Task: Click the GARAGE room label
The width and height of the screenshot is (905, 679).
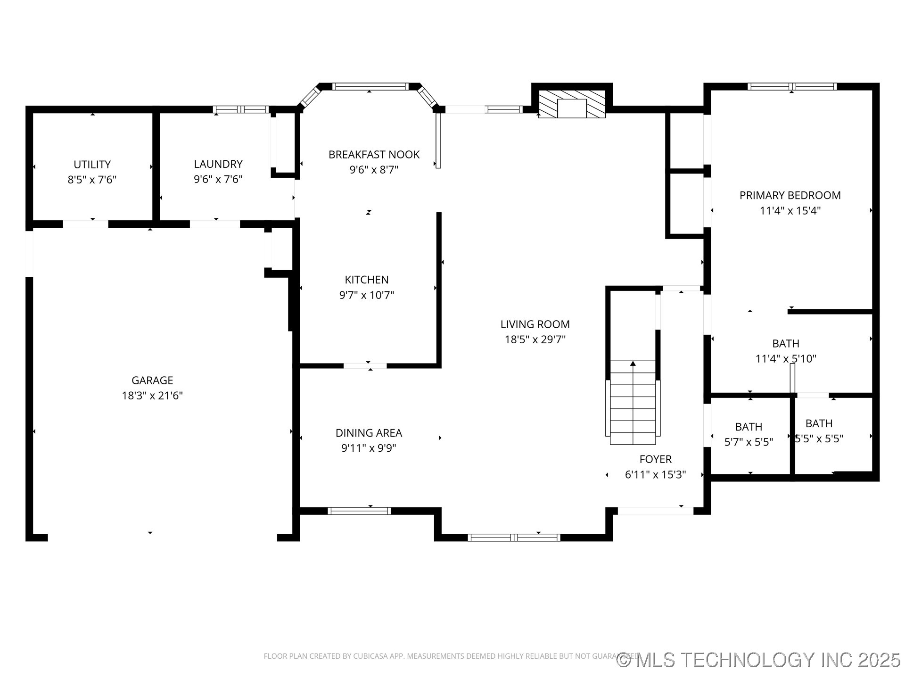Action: point(152,380)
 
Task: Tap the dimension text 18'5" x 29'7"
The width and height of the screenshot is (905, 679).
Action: point(535,339)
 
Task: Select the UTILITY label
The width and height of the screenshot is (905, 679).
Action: point(92,165)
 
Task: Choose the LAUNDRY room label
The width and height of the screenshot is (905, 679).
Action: point(218,164)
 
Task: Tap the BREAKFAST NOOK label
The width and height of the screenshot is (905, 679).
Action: point(374,155)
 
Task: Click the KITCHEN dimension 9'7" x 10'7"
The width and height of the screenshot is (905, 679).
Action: point(366,295)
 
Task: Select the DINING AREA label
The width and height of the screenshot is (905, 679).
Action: point(369,433)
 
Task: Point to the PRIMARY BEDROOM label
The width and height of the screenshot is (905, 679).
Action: point(790,195)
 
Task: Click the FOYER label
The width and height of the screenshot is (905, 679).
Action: point(655,459)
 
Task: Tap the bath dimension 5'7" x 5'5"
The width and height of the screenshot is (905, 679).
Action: point(749,442)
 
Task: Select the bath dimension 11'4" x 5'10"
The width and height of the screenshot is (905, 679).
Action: point(785,359)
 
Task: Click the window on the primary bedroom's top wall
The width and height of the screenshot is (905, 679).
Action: point(792,87)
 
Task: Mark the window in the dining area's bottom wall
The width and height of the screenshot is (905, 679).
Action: point(359,511)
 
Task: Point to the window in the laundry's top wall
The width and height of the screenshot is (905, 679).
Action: point(241,109)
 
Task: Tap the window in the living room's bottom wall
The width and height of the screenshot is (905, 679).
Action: point(514,537)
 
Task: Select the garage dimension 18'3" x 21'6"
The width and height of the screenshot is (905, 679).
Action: point(152,396)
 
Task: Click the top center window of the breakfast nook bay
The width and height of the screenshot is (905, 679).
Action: point(370,87)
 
